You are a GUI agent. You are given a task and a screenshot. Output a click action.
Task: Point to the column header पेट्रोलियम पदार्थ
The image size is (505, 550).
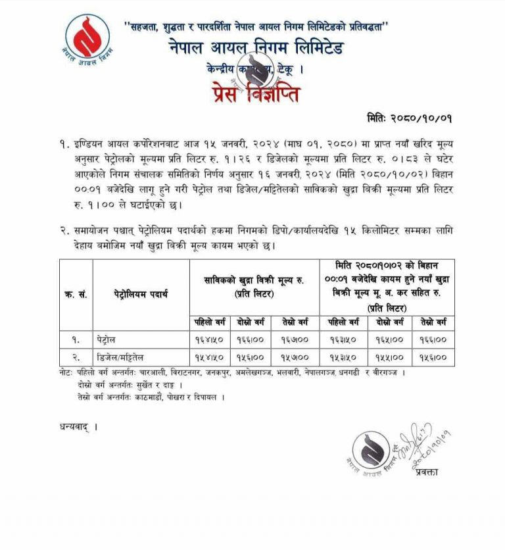[141, 294]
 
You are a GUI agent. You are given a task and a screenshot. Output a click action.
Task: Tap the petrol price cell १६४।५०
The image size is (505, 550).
[210, 340]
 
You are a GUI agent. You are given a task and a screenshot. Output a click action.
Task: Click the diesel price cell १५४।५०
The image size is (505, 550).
[210, 357]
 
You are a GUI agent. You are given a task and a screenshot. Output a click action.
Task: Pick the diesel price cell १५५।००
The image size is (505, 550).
[387, 357]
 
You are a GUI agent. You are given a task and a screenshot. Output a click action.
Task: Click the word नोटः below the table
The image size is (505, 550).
[67, 372]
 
